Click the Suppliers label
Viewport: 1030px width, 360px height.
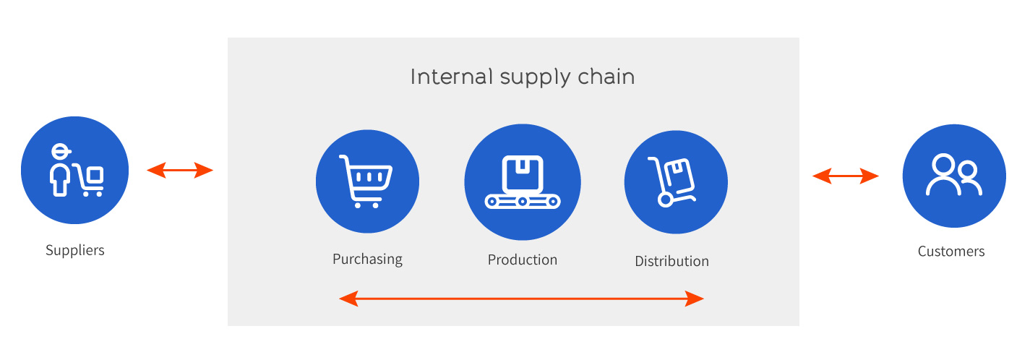pyautogui.click(x=75, y=251)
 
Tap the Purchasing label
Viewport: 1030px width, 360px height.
pyautogui.click(x=367, y=260)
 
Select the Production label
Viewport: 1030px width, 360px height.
pyautogui.click(x=523, y=260)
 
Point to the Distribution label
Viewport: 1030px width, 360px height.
pyautogui.click(x=671, y=261)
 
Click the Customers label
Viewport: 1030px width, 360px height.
pyautogui.click(x=951, y=252)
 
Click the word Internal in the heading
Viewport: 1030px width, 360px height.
pyautogui.click(x=452, y=77)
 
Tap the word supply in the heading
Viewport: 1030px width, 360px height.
pyautogui.click(x=535, y=78)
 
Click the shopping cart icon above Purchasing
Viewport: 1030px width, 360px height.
pyautogui.click(x=366, y=181)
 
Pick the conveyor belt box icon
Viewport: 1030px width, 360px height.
pyautogui.click(x=523, y=182)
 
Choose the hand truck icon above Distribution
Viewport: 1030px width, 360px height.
pyautogui.click(x=671, y=181)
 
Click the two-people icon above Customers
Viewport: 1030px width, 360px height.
pyautogui.click(x=954, y=175)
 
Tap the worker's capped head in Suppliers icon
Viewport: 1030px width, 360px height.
pyautogui.click(x=61, y=152)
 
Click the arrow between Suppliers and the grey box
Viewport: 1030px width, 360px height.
pyautogui.click(x=180, y=170)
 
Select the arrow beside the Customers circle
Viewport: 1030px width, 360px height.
pyautogui.click(x=846, y=176)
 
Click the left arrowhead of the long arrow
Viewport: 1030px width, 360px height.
pyautogui.click(x=348, y=299)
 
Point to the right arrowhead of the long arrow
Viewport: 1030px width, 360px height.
pyautogui.click(x=695, y=299)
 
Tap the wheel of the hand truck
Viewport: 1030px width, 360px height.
pyautogui.click(x=665, y=200)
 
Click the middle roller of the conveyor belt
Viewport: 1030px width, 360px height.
pyautogui.click(x=523, y=202)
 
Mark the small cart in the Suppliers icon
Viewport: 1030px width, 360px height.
pyautogui.click(x=88, y=180)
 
